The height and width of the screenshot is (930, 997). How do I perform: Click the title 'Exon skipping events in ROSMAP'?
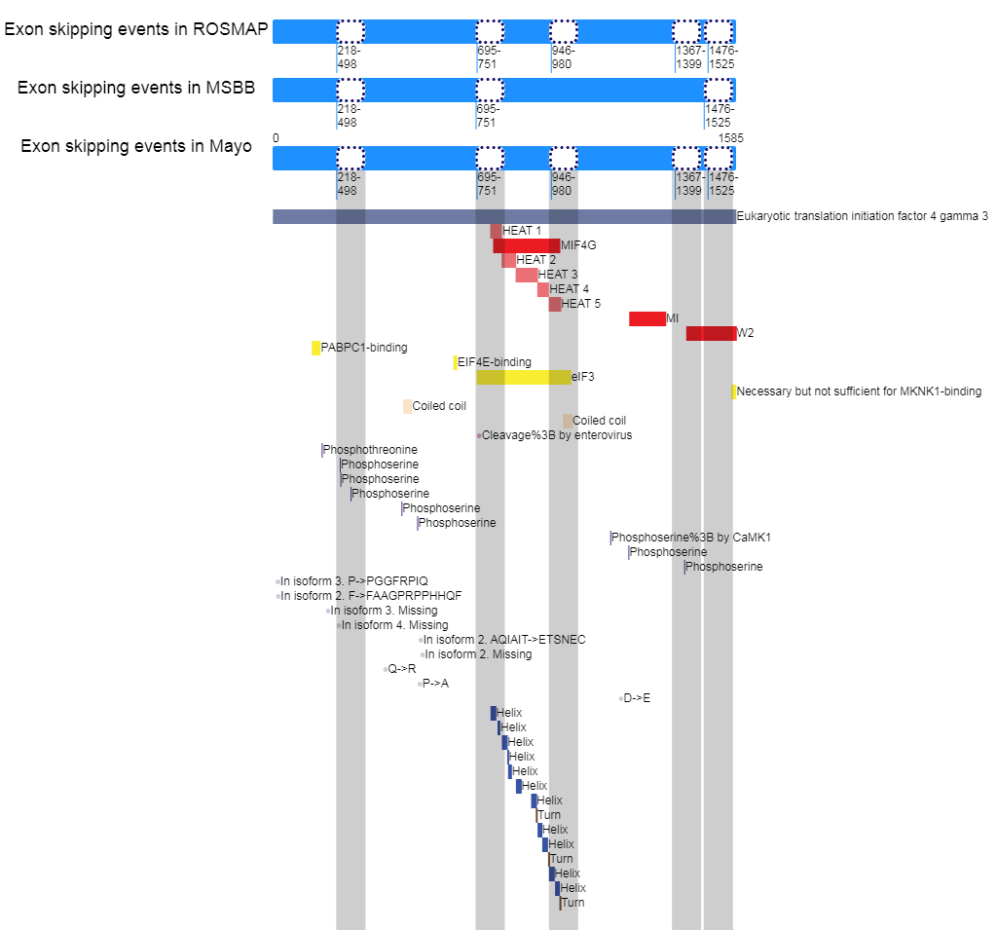pos(136,29)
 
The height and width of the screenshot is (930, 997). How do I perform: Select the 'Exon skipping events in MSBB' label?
pos(136,88)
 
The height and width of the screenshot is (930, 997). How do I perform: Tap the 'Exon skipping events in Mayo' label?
pos(136,146)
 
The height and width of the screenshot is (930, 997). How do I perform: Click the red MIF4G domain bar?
pos(526,245)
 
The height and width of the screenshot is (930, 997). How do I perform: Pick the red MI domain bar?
pos(647,318)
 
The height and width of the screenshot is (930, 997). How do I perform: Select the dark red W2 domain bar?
pos(711,333)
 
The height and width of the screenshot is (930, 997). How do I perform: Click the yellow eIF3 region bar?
pos(523,377)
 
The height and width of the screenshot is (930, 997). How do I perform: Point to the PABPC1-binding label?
pos(364,348)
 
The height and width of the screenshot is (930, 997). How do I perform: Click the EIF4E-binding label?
pos(495,362)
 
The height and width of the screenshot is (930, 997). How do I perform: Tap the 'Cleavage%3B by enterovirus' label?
pos(557,435)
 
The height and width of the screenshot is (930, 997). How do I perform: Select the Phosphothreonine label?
pos(370,450)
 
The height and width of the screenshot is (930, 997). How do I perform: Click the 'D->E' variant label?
pos(637,698)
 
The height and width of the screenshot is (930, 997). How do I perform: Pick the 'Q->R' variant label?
pos(402,669)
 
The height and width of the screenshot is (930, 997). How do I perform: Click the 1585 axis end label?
pos(730,138)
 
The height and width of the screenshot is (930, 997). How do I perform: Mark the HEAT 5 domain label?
pos(580,304)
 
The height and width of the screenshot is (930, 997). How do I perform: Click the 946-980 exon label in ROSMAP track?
pos(564,57)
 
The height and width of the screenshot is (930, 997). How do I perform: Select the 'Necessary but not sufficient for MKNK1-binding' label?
pos(859,391)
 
